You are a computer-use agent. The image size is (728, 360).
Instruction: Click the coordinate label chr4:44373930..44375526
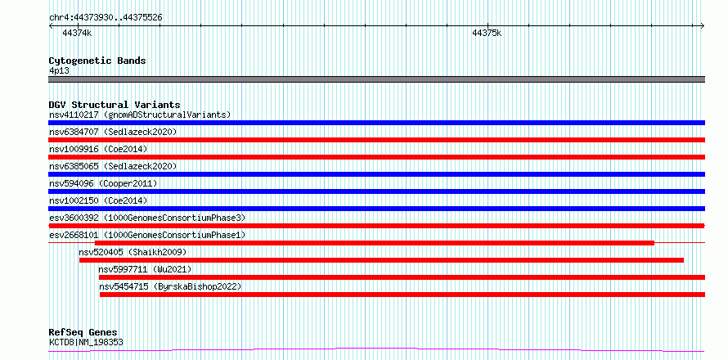106,18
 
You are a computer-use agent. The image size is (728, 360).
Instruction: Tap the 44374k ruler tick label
77,33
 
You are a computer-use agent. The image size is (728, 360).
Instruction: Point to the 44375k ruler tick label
487,33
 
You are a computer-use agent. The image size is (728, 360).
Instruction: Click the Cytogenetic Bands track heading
97,61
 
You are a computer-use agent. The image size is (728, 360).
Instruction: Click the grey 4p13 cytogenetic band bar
376,79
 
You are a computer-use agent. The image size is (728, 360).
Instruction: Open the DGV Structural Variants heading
115,105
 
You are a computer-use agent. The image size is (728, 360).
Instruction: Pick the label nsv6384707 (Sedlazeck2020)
113,132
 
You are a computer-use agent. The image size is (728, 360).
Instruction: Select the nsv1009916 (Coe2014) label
98,149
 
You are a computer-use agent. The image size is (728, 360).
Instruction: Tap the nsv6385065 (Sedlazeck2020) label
113,166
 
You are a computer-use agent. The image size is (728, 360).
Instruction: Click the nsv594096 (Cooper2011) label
103,183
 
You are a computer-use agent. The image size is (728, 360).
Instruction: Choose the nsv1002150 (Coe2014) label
98,200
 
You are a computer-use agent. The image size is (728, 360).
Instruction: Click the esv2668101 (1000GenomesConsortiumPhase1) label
147,235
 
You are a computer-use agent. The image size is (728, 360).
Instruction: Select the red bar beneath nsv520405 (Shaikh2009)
382,260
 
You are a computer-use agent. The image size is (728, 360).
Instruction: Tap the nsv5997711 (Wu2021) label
145,269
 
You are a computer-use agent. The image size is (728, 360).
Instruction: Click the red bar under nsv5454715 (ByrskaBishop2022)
402,295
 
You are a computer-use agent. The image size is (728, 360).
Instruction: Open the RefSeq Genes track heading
83,333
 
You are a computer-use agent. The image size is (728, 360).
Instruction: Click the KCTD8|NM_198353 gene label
87,343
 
